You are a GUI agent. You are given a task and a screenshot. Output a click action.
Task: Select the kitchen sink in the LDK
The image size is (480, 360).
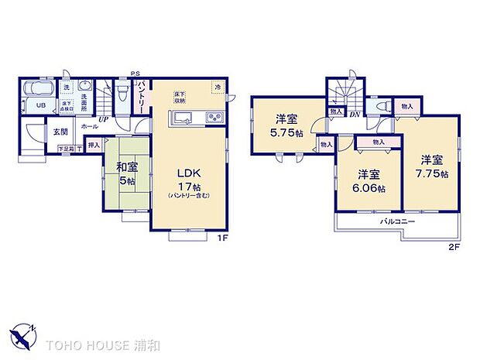(184, 118)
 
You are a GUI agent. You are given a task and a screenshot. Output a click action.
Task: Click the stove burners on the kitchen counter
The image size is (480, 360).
(213, 118)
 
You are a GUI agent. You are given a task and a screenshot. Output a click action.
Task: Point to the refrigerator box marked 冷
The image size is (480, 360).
(218, 87)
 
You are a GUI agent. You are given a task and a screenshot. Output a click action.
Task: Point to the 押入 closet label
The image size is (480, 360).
(94, 145)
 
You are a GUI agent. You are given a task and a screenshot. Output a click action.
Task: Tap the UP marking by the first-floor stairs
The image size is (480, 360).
(103, 119)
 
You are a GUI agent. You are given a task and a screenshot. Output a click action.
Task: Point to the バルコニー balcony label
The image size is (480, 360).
(398, 222)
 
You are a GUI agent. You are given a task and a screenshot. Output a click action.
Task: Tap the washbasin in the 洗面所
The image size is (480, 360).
(86, 86)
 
